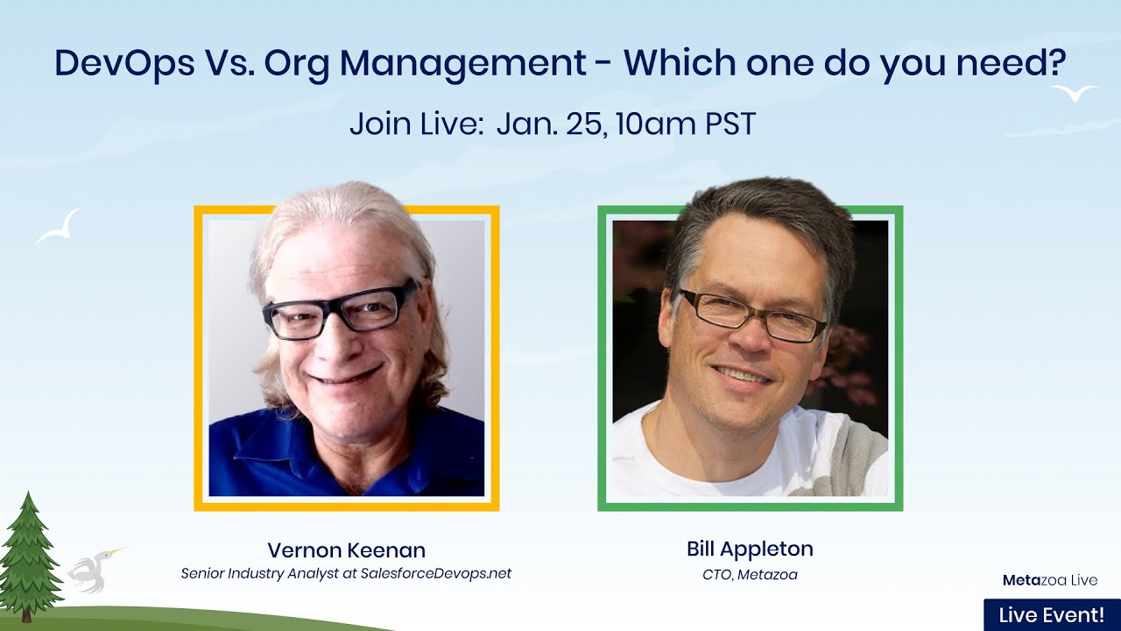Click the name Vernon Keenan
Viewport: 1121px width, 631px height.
click(x=346, y=550)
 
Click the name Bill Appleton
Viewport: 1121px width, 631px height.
click(x=750, y=549)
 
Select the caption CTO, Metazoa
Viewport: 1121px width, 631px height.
click(x=750, y=575)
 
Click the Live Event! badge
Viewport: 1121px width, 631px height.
click(x=1051, y=615)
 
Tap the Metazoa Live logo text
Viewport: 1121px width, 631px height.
click(x=1049, y=580)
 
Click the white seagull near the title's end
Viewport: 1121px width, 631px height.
click(x=1074, y=92)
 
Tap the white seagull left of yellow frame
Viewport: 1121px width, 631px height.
click(x=59, y=227)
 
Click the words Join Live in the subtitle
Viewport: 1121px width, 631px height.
click(x=416, y=124)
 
